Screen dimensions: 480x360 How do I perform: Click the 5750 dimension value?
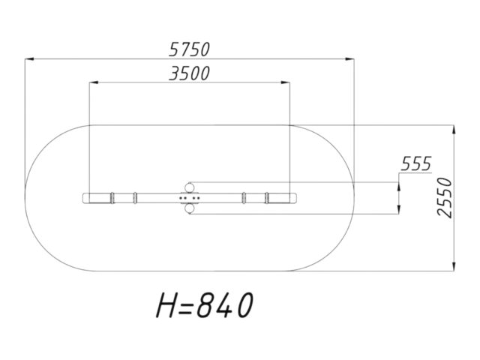pyautogui.click(x=190, y=49)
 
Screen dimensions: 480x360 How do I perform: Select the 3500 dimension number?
pyautogui.click(x=190, y=73)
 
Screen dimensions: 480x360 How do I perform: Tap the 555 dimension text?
pyautogui.click(x=416, y=163)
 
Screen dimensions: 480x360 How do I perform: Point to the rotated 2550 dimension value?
pyautogui.click(x=445, y=198)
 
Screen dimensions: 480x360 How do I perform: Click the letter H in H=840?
pyautogui.click(x=166, y=305)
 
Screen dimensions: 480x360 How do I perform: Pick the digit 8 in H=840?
pyautogui.click(x=205, y=305)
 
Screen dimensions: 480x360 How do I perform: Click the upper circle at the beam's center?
pyautogui.click(x=190, y=187)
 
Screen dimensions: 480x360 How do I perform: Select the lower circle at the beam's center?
pyautogui.click(x=190, y=208)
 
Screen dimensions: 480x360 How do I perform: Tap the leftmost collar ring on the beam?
pyautogui.click(x=112, y=198)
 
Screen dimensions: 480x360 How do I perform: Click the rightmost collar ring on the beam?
pyautogui.click(x=267, y=198)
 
